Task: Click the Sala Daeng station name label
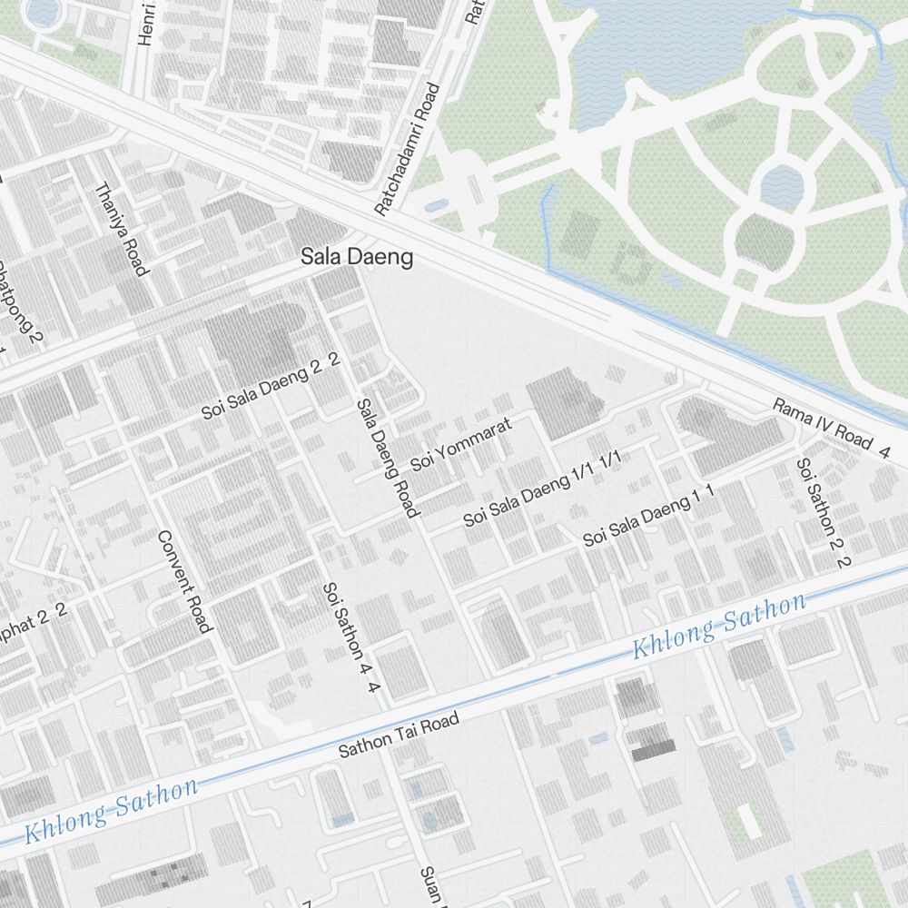click(x=357, y=258)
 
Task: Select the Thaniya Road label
click(x=121, y=228)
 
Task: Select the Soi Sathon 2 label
click(x=822, y=511)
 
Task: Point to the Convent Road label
click(x=185, y=581)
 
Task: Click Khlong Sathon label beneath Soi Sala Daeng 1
click(x=718, y=627)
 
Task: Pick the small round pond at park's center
click(x=782, y=187)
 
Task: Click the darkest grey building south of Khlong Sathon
click(x=653, y=749)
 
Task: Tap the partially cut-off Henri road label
click(x=146, y=23)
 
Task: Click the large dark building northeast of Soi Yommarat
click(x=563, y=401)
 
